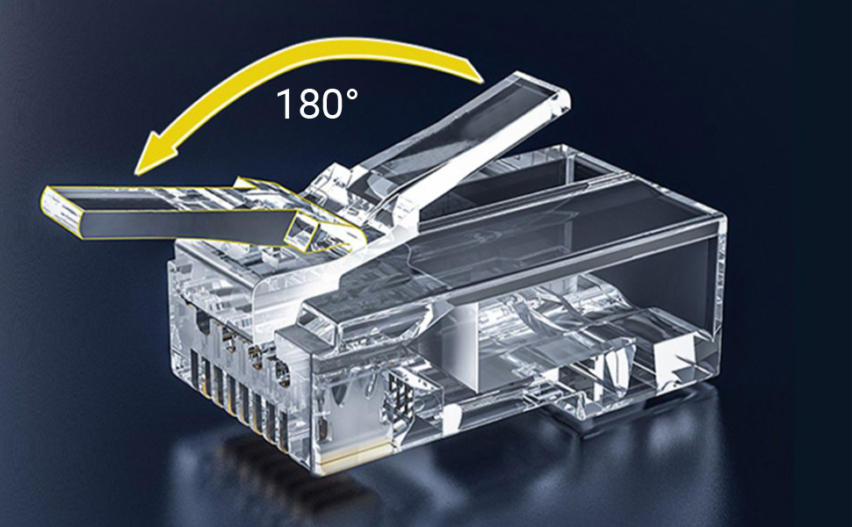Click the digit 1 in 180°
tap(285, 105)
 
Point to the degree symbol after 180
tap(351, 96)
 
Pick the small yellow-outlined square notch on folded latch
tap(303, 231)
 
